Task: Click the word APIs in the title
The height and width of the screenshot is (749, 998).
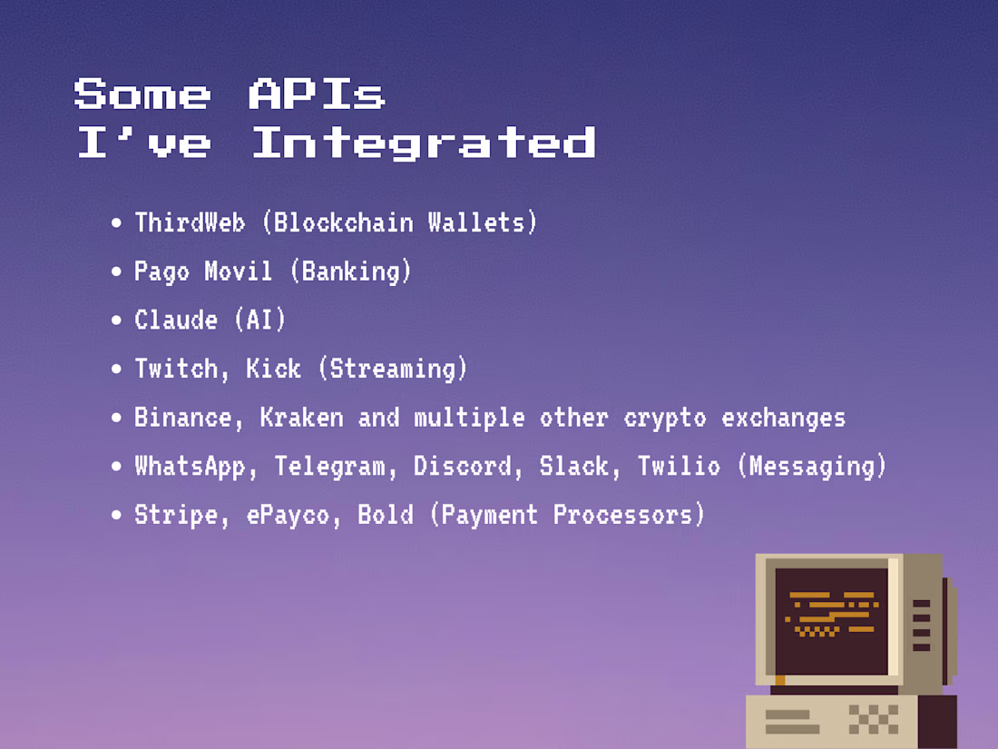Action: pos(317,94)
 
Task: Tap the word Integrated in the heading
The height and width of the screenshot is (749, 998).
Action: pos(424,143)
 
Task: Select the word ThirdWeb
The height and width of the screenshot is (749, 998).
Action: pos(190,222)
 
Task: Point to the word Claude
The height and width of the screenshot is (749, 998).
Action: pos(176,320)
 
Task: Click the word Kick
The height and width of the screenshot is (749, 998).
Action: pos(273,369)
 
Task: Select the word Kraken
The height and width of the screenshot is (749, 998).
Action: pos(301,418)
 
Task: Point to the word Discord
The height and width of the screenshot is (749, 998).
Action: pos(463,467)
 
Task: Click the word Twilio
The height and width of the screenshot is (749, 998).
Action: pos(679,467)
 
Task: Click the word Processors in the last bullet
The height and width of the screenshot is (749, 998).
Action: pos(629,515)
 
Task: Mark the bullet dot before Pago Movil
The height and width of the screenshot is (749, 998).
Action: pos(116,272)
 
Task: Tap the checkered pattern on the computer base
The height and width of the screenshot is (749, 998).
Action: pos(873,719)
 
